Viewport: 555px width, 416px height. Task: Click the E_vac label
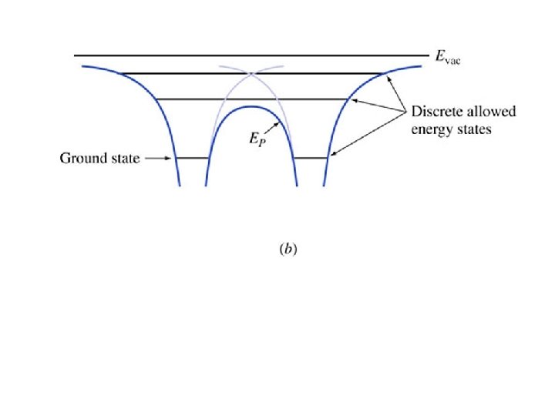coord(448,57)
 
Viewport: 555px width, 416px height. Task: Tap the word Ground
coord(82,159)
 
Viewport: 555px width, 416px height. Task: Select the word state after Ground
coord(124,159)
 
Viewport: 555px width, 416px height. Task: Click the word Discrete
coord(436,112)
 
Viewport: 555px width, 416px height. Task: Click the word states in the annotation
coord(474,129)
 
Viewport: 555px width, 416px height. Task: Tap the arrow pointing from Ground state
coord(156,159)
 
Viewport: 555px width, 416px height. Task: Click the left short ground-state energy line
coord(193,158)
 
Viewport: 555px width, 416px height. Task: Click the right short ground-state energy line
coord(311,158)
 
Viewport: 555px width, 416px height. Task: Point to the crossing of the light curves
coord(252,74)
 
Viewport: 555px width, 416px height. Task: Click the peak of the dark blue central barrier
coord(252,106)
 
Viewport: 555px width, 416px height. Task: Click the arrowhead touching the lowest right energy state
coord(332,156)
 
